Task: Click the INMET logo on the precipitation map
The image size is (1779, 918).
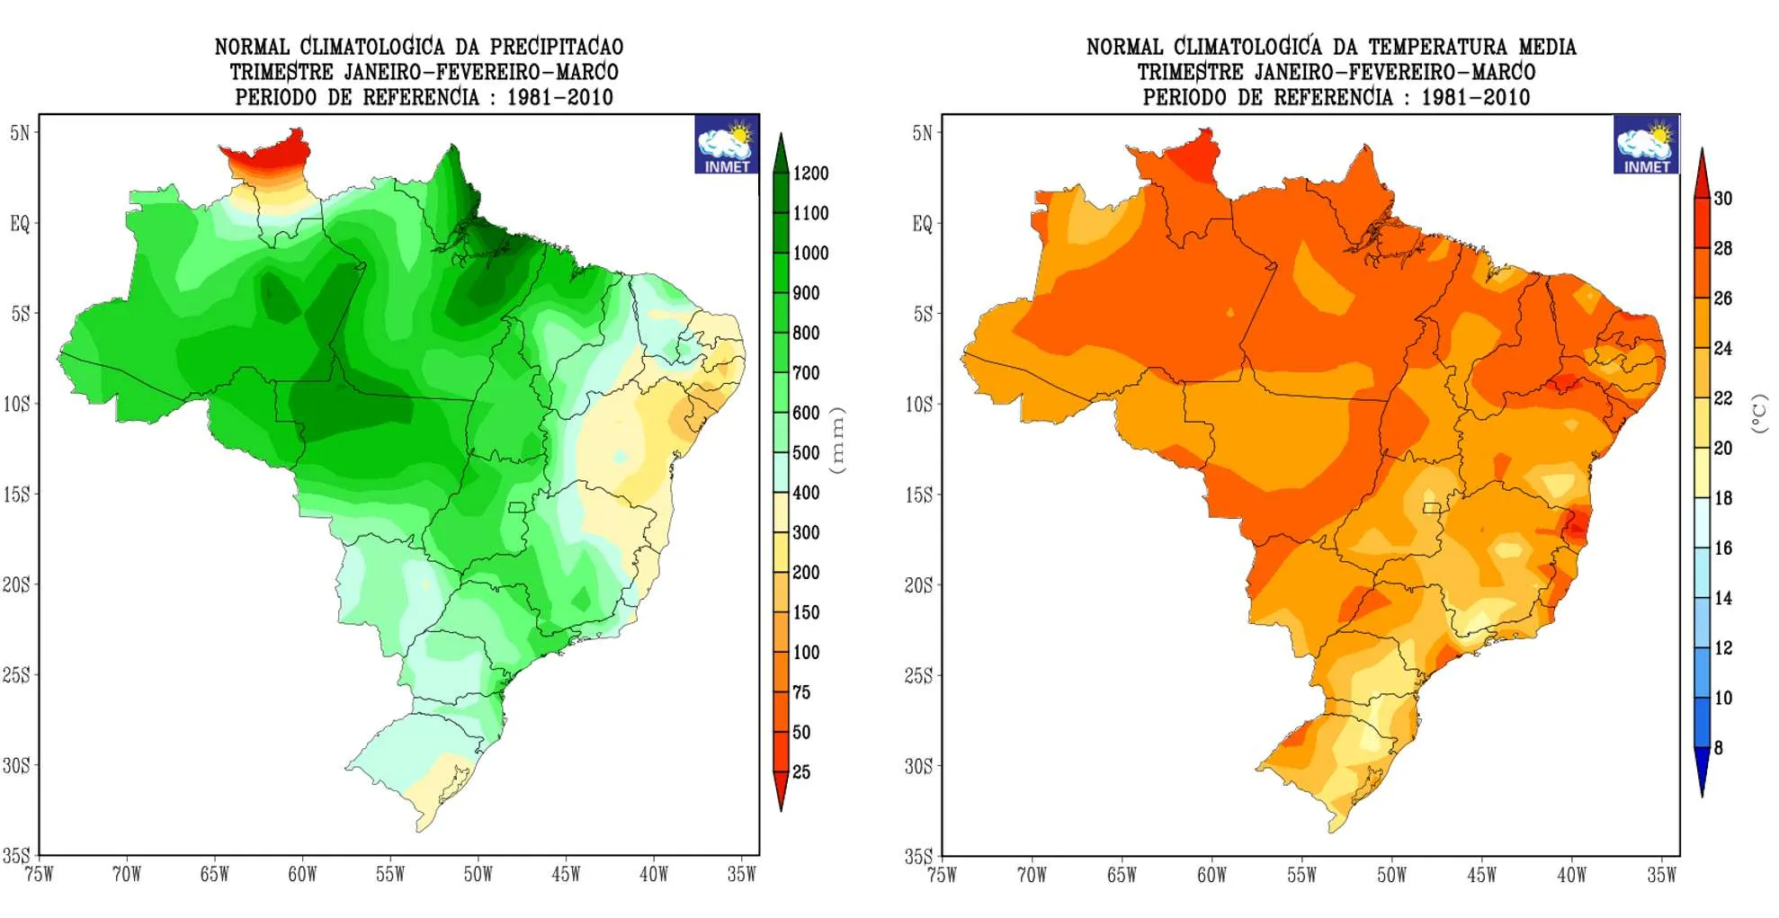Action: click(727, 145)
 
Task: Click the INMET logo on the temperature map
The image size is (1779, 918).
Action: click(1646, 145)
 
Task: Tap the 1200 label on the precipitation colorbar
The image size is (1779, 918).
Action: click(810, 174)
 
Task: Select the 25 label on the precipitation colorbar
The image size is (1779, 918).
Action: click(800, 772)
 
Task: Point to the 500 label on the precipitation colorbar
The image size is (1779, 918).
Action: click(806, 453)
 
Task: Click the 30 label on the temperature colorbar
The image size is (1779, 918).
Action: click(1722, 199)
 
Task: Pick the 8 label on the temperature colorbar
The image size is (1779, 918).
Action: click(1718, 748)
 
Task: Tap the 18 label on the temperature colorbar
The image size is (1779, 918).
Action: click(1722, 498)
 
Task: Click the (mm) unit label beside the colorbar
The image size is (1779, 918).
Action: click(838, 440)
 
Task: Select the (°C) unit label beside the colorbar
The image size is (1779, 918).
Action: click(1758, 414)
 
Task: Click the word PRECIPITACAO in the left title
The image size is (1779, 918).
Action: click(556, 47)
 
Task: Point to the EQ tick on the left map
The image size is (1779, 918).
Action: click(20, 224)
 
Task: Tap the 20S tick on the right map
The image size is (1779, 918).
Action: click(918, 585)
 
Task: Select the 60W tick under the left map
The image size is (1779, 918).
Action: click(302, 874)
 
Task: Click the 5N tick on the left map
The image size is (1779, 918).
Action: click(20, 133)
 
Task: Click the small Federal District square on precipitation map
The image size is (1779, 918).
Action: click(516, 508)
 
